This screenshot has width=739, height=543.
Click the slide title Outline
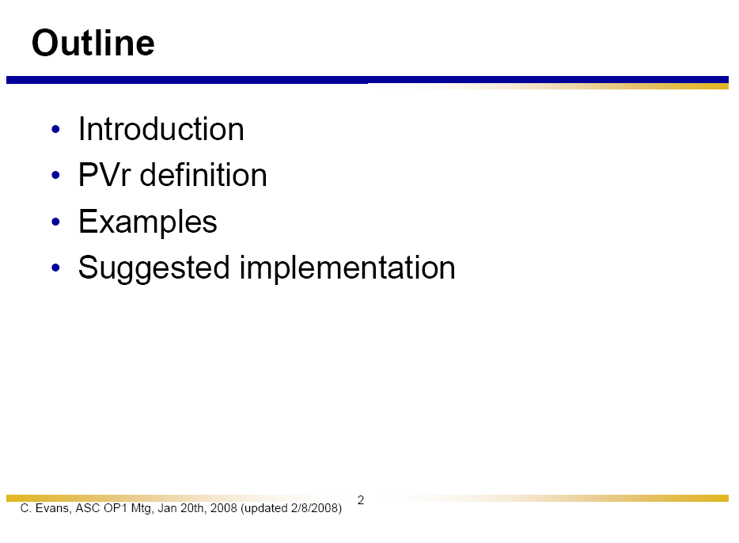pos(93,43)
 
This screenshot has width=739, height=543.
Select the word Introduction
pos(161,129)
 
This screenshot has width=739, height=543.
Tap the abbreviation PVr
pos(104,175)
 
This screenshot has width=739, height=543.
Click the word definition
pos(203,174)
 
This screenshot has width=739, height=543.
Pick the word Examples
pos(147,222)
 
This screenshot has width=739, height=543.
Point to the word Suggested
pos(154,268)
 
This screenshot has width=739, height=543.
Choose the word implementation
pos(347,268)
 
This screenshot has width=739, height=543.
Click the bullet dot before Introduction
pos(55,129)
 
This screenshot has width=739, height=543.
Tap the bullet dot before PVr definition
pos(55,176)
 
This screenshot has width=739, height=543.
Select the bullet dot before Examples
pos(55,222)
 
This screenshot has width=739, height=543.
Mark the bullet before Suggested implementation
pos(55,268)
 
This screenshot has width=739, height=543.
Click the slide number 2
pos(361,500)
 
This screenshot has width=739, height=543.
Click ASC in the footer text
pos(88,508)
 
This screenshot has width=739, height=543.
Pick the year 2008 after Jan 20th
pos(223,508)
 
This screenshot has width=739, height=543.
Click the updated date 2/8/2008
pos(316,508)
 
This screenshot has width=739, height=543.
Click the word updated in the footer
pos(264,509)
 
